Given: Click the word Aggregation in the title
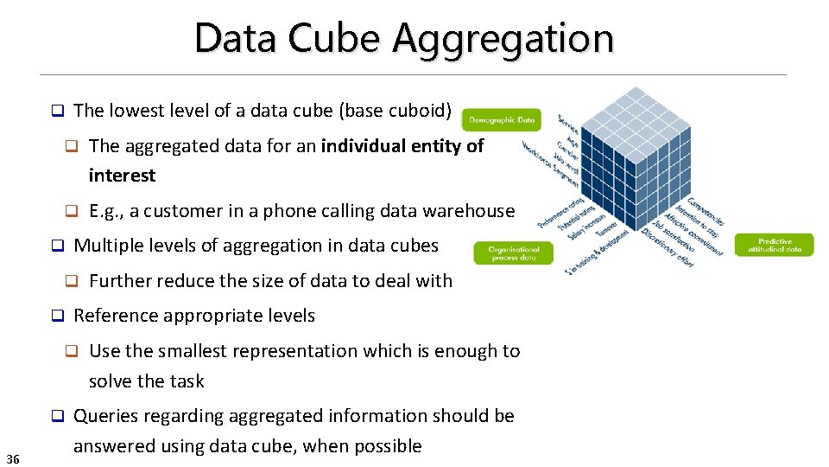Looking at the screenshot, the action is (x=503, y=40).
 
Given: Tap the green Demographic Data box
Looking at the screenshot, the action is (x=502, y=120).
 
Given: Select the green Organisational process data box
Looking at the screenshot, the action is (x=513, y=253).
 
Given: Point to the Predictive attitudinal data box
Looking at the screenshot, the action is (x=774, y=245).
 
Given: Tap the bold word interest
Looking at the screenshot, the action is (x=122, y=176).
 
